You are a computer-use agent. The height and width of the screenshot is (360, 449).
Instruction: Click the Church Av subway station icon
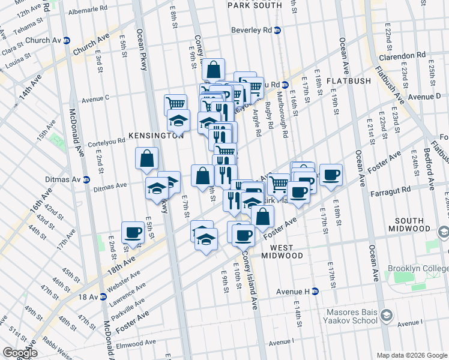click(x=67, y=41)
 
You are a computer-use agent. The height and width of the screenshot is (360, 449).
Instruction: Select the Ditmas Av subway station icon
click(x=86, y=179)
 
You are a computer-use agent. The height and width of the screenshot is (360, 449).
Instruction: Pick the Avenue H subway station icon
click(x=315, y=292)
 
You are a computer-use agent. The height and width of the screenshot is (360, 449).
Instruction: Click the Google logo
click(x=19, y=352)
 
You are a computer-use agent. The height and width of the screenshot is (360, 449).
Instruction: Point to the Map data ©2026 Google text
click(x=412, y=355)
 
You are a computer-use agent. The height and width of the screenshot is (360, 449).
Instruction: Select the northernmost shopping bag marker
click(x=212, y=69)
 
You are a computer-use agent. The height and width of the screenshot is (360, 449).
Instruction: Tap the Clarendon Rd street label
click(x=402, y=55)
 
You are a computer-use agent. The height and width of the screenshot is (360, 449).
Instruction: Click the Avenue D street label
click(x=424, y=96)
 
